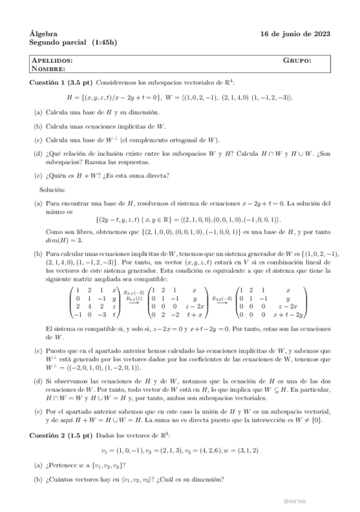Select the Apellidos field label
coord(53,61)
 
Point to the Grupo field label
coord(297,61)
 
